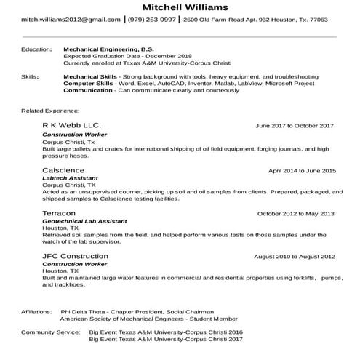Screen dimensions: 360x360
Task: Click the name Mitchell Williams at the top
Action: [x=180, y=7]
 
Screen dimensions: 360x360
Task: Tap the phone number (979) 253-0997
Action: [x=151, y=20]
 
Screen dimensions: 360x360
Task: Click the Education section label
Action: [x=36, y=49]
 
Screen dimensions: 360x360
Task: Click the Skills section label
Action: [x=30, y=76]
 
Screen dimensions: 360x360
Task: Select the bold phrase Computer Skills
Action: [x=88, y=83]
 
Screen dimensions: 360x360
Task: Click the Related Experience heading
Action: [x=50, y=111]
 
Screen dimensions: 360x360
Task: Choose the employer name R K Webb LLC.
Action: [x=72, y=126]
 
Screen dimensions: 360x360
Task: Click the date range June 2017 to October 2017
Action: [x=295, y=127]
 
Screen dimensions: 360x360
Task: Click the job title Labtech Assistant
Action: [x=70, y=178]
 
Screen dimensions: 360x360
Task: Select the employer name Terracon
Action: [x=59, y=213]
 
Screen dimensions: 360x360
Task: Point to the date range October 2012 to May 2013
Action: [x=296, y=214]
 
